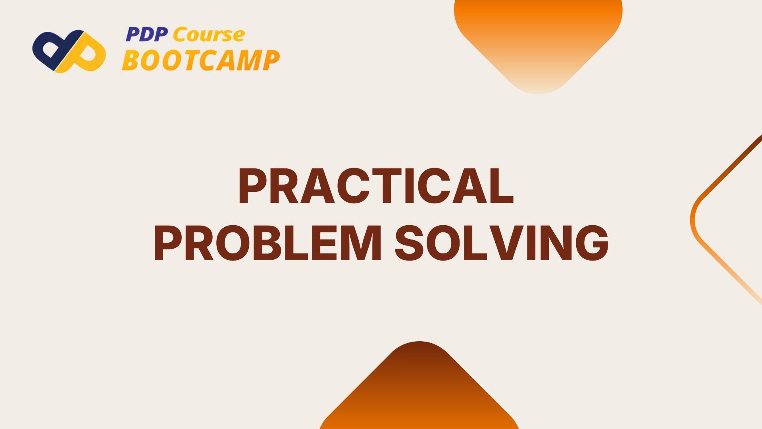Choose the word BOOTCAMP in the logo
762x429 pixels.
[x=200, y=61]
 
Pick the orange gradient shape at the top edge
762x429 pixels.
[x=538, y=36]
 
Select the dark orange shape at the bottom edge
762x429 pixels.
[x=419, y=393]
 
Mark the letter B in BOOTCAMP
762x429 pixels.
[x=131, y=61]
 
